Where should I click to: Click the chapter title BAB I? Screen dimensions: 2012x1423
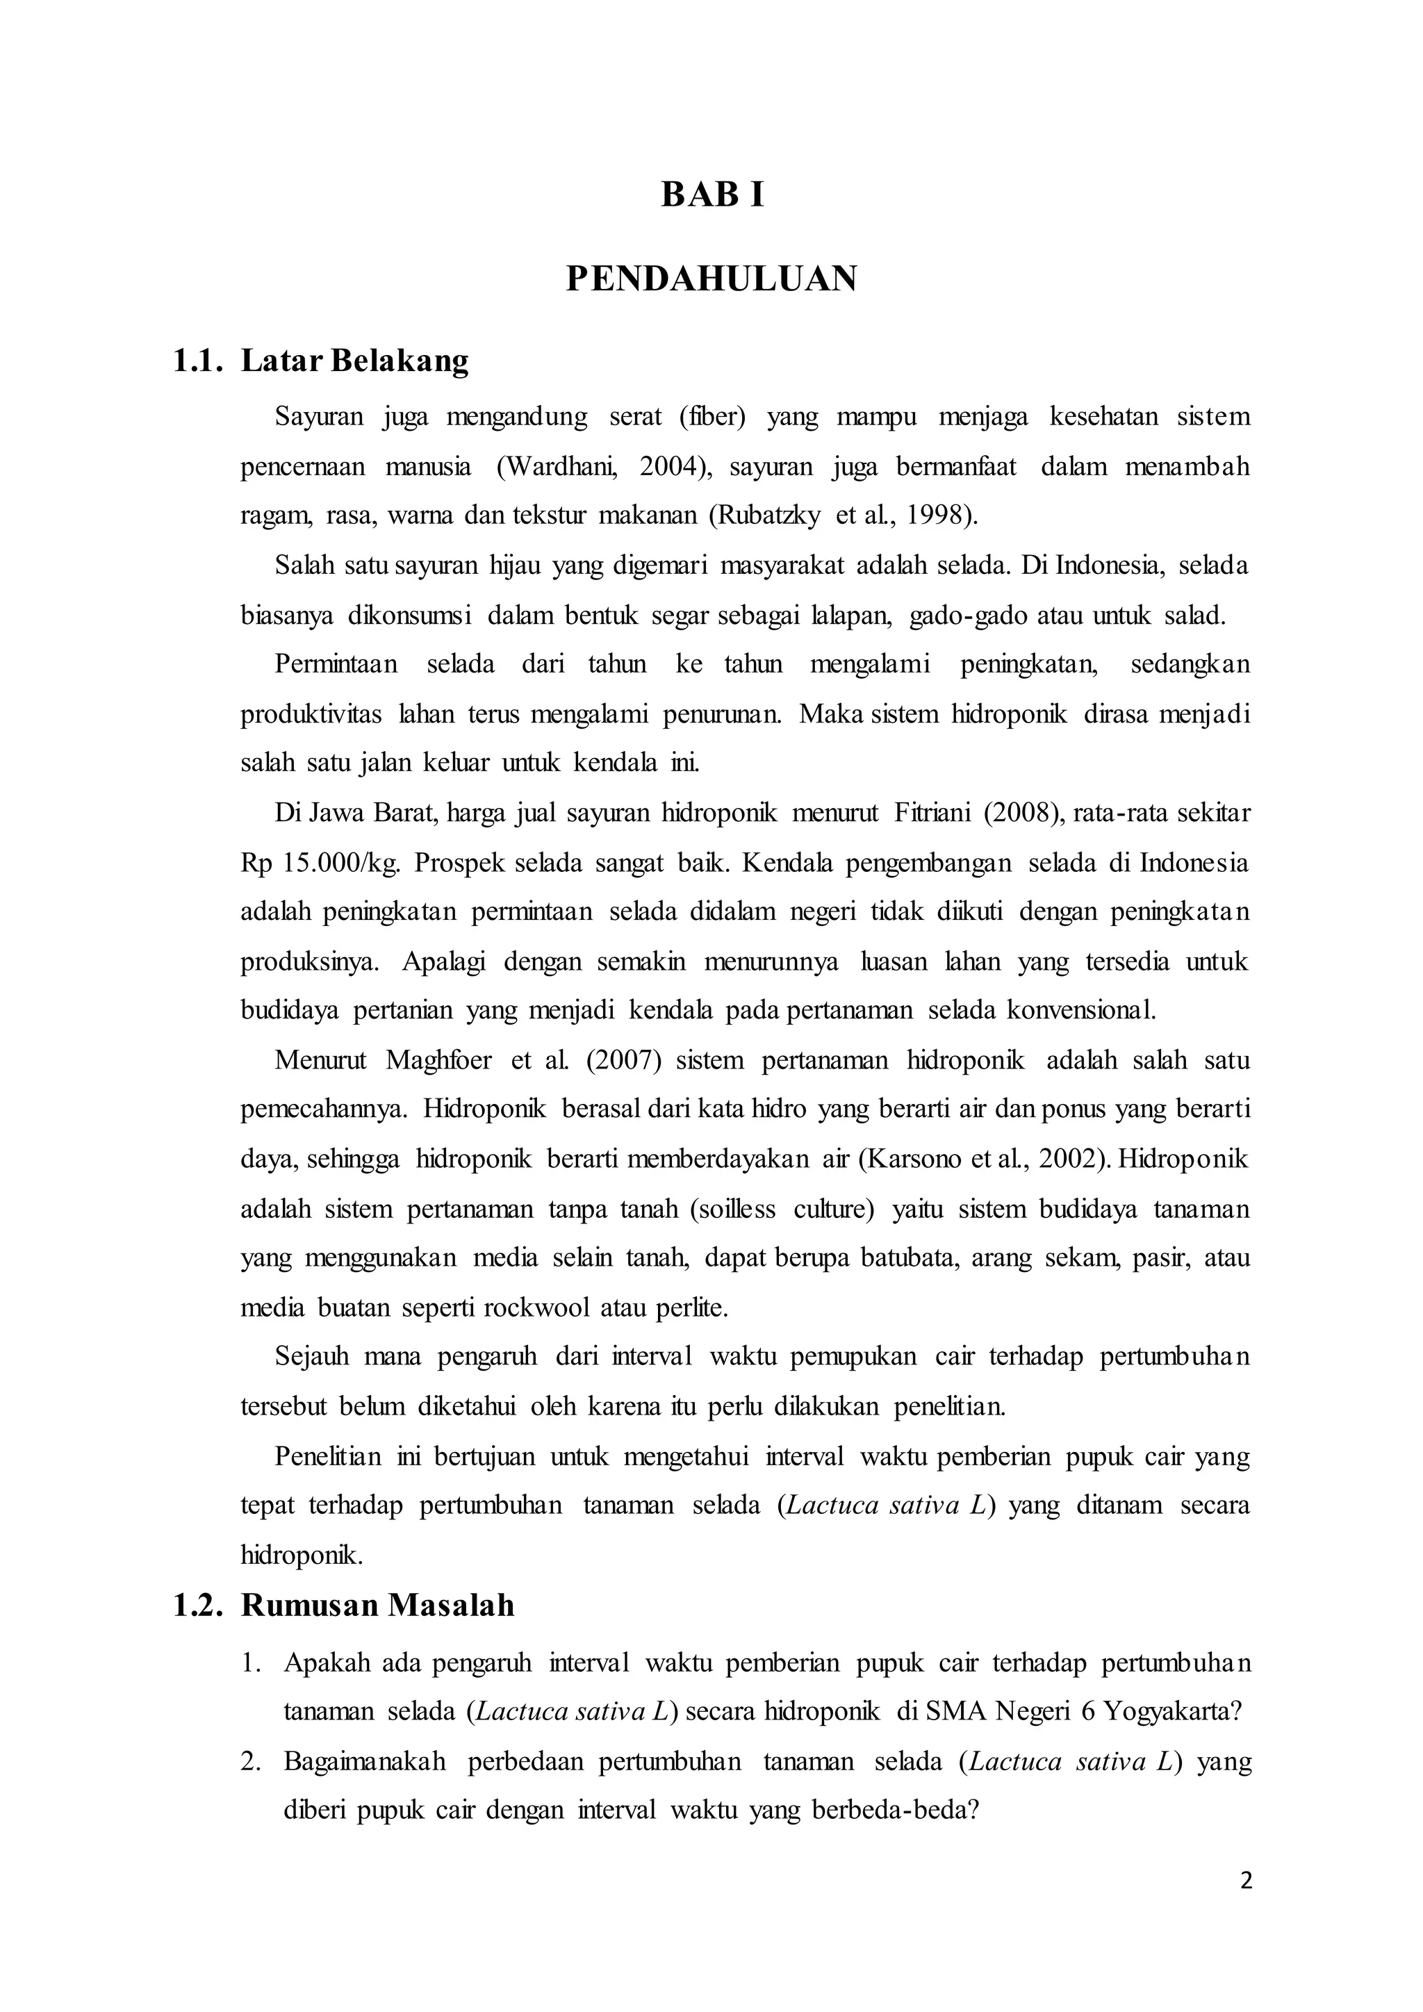pos(711,195)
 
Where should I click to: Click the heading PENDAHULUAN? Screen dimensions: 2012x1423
pos(711,279)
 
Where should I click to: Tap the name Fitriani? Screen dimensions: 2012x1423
pos(932,814)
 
